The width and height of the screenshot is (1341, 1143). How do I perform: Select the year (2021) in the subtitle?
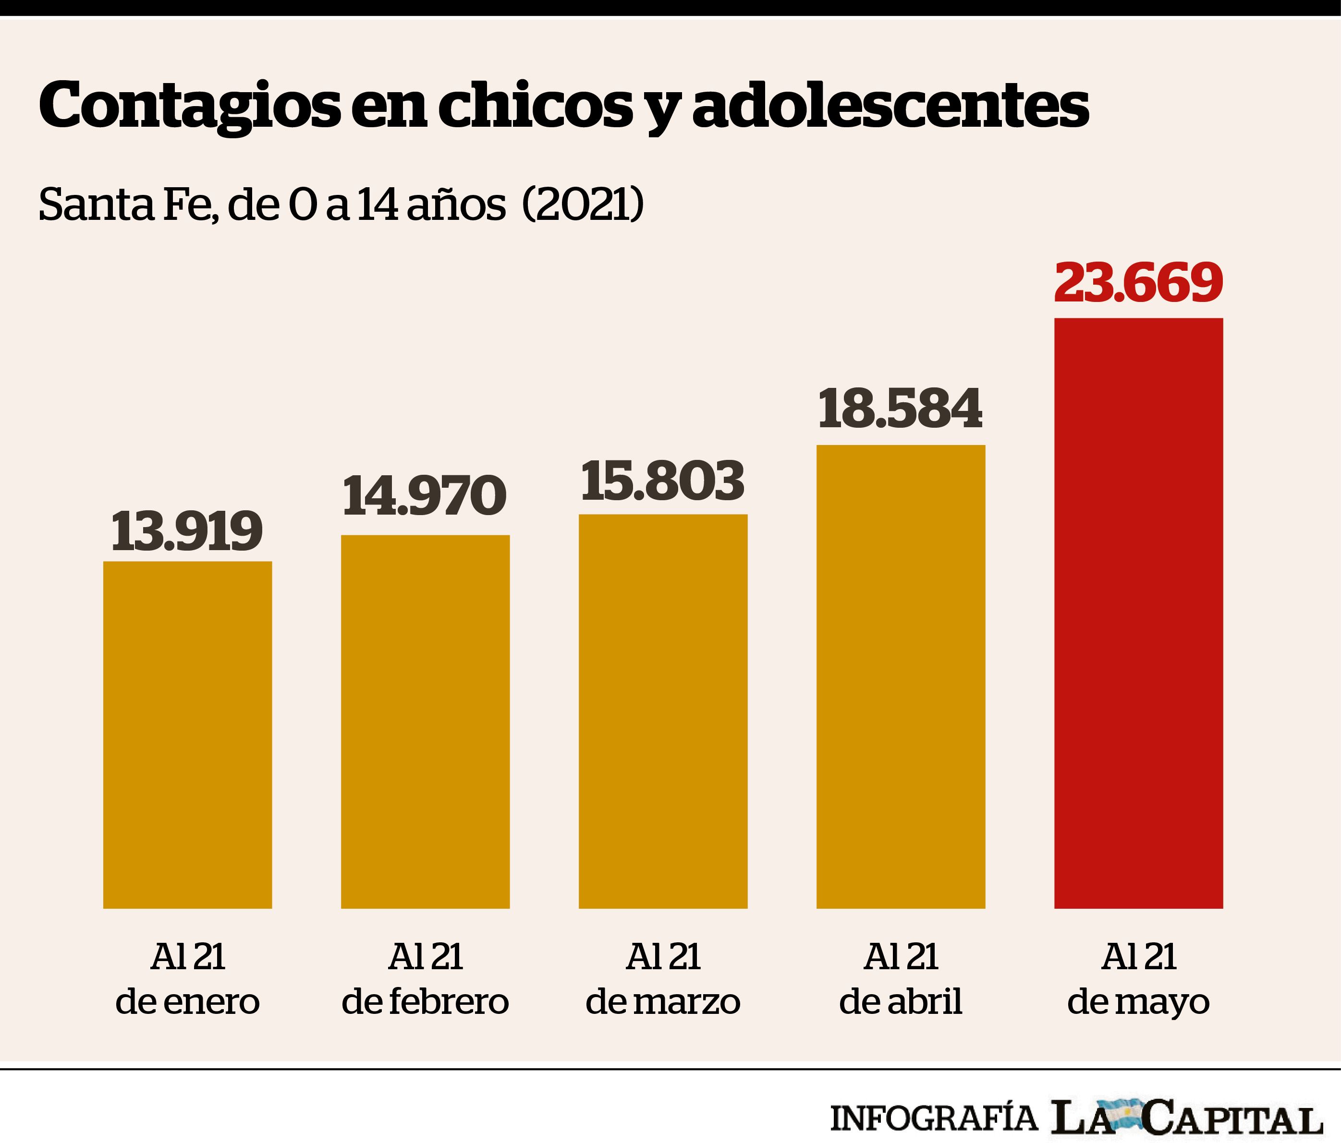(583, 205)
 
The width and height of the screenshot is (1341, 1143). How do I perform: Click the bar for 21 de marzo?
(663, 711)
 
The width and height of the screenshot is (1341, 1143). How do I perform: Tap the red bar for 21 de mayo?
(1138, 613)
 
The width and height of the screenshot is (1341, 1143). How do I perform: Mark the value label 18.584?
(900, 409)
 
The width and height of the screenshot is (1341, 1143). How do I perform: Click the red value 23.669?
(1138, 283)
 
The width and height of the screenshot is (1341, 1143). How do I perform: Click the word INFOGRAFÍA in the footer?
(933, 1117)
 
